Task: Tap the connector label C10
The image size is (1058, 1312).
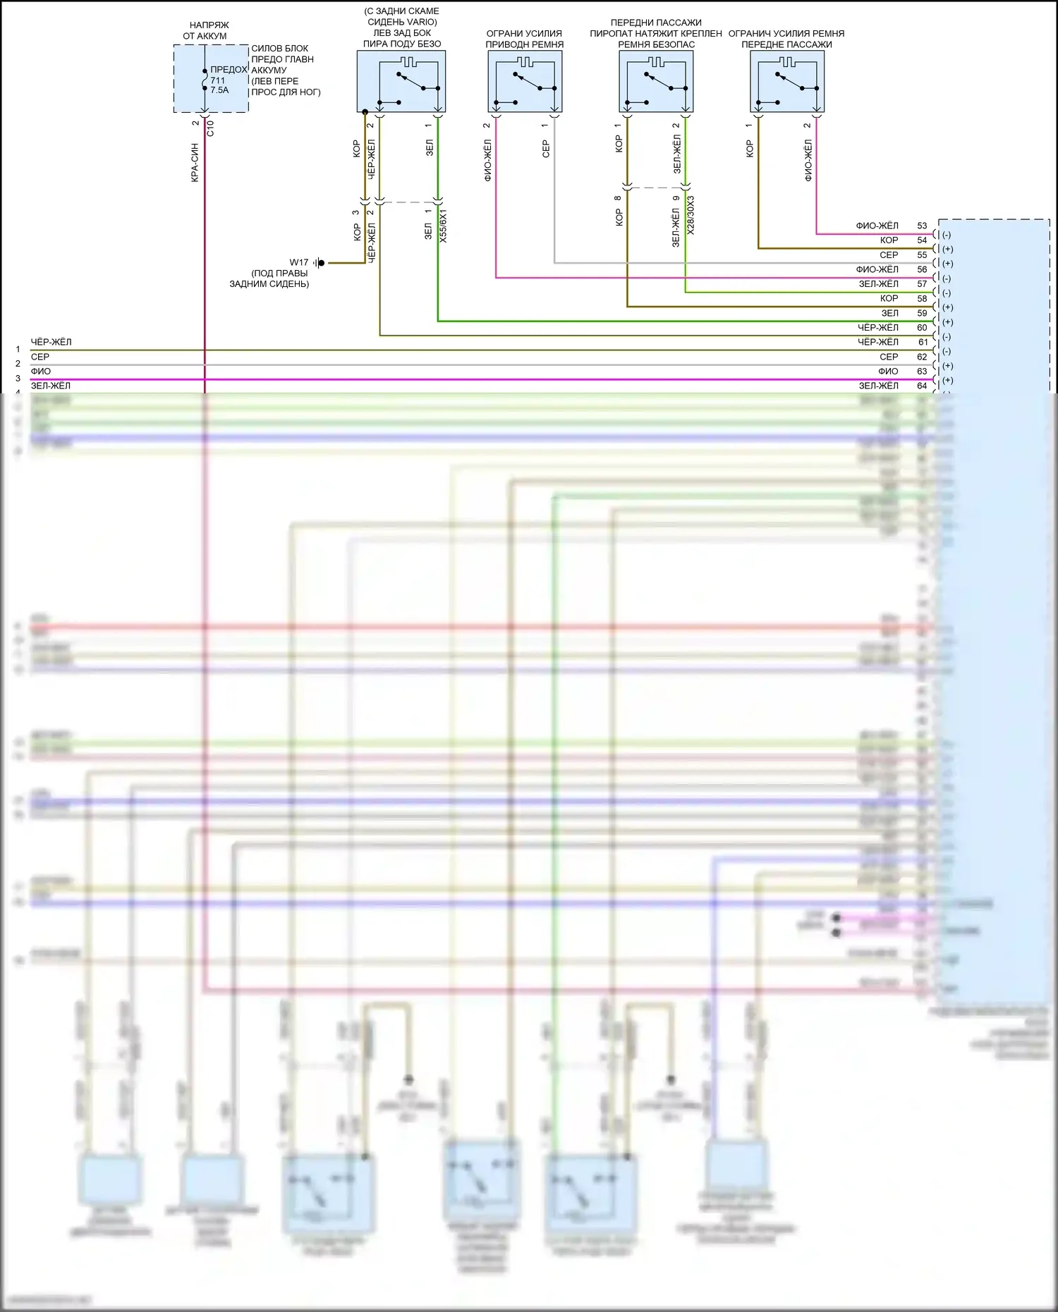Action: [209, 128]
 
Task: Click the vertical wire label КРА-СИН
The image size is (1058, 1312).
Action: [195, 163]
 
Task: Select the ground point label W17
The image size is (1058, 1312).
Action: [299, 262]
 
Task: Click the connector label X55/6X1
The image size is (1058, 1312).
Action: [443, 226]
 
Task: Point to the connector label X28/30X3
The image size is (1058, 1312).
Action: [691, 215]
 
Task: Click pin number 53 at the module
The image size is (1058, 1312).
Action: [922, 226]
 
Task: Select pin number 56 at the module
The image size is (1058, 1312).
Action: [922, 269]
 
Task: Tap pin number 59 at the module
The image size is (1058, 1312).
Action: [922, 313]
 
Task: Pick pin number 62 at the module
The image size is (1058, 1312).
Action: [922, 357]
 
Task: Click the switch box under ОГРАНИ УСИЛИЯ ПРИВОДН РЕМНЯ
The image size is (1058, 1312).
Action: [524, 81]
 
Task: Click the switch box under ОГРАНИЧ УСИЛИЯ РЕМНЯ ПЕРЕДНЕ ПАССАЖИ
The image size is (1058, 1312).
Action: [786, 81]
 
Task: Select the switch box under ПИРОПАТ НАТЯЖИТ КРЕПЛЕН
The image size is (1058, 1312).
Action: [656, 81]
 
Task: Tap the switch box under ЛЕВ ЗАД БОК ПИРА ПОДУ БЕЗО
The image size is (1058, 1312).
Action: [401, 81]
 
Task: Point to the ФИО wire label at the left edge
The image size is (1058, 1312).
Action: [40, 371]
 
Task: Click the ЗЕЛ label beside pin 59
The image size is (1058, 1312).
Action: [889, 313]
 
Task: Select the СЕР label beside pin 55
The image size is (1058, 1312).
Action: [889, 255]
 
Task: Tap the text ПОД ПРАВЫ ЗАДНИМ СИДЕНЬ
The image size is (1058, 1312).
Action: [270, 278]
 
